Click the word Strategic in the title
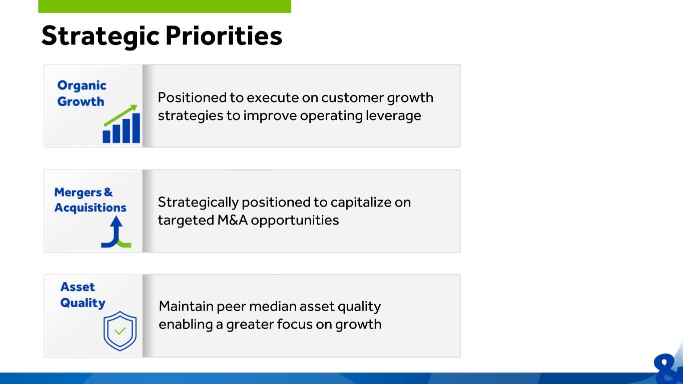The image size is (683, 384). [101, 36]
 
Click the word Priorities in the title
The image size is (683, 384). [224, 36]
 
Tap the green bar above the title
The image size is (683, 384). [165, 6]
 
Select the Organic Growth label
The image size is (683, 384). [82, 93]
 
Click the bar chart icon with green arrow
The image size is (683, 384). [122, 123]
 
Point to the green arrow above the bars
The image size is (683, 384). [121, 115]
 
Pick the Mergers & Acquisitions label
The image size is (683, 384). [90, 199]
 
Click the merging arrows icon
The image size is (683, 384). [116, 231]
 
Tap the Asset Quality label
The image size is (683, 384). [83, 294]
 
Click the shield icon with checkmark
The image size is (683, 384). [120, 331]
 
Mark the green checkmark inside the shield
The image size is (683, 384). [120, 330]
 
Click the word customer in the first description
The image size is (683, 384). [352, 97]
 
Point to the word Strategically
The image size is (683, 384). [198, 202]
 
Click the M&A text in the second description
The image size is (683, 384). [232, 220]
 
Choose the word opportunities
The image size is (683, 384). [295, 220]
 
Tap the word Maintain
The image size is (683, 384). [186, 306]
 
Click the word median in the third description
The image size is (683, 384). [273, 306]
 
